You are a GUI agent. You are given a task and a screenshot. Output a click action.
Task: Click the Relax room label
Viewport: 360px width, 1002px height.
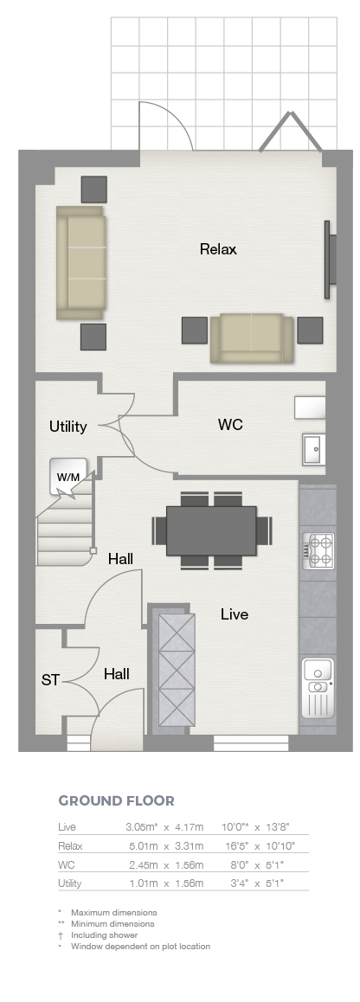[x=218, y=249]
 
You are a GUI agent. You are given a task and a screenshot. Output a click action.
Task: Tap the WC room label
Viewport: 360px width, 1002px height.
[x=230, y=425]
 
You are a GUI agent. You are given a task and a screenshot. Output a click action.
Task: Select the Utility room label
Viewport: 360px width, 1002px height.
[x=67, y=427]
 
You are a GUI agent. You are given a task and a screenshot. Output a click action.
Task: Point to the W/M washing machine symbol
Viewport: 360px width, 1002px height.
[x=67, y=476]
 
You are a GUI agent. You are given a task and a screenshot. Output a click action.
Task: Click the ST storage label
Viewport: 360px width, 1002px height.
[x=50, y=681]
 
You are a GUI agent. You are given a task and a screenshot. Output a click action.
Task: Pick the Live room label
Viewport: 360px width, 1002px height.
[x=234, y=614]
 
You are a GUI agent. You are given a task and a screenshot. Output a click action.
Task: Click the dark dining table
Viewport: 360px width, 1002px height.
[x=212, y=530]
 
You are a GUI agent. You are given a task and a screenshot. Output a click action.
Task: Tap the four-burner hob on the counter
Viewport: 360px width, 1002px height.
[x=318, y=551]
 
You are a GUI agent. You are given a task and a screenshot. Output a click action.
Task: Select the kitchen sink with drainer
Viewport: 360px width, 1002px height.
[x=318, y=688]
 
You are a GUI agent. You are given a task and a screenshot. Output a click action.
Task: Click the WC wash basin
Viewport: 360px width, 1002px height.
[x=314, y=449]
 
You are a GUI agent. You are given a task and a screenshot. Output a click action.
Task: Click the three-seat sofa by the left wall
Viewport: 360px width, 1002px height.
[x=80, y=262]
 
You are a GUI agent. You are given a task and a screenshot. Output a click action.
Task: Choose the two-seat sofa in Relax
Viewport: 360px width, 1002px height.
[x=252, y=338]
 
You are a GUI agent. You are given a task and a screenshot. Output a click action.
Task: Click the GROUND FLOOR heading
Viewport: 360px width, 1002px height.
[x=116, y=800]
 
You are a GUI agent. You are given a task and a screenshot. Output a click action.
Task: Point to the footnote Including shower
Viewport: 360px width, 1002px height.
[x=104, y=935]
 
